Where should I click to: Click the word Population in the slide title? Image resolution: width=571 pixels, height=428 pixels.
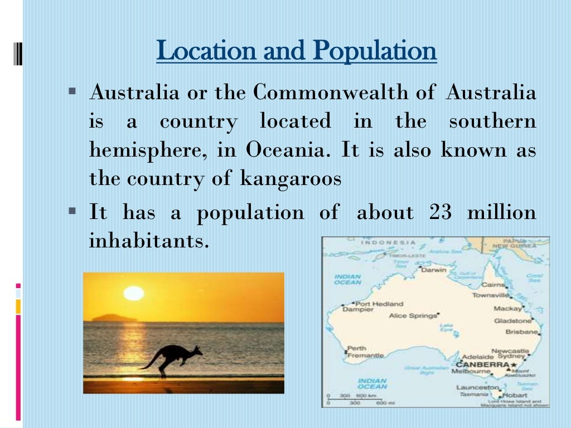coord(374,51)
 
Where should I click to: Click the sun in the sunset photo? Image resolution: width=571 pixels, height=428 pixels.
coord(134,293)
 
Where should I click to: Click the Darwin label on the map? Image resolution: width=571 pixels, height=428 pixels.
coord(433,270)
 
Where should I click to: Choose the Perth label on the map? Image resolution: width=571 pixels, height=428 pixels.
coord(357,348)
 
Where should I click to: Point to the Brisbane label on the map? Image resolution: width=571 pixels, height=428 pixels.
coord(522,332)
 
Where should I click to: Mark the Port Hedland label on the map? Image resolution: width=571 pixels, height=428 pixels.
coord(379,304)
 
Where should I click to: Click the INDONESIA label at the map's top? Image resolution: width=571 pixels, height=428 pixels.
coord(389,242)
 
